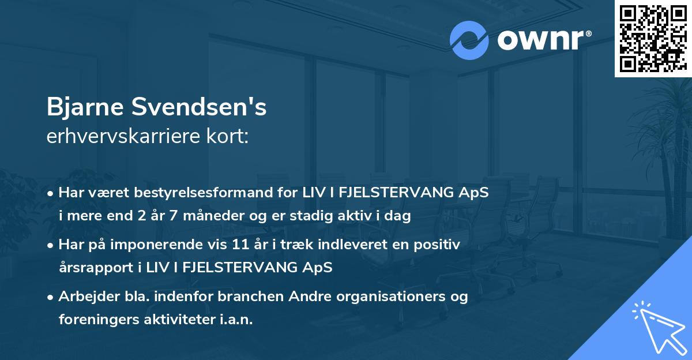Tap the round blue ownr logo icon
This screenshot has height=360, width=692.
[x=469, y=40]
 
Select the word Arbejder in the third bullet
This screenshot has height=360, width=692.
[x=84, y=297]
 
